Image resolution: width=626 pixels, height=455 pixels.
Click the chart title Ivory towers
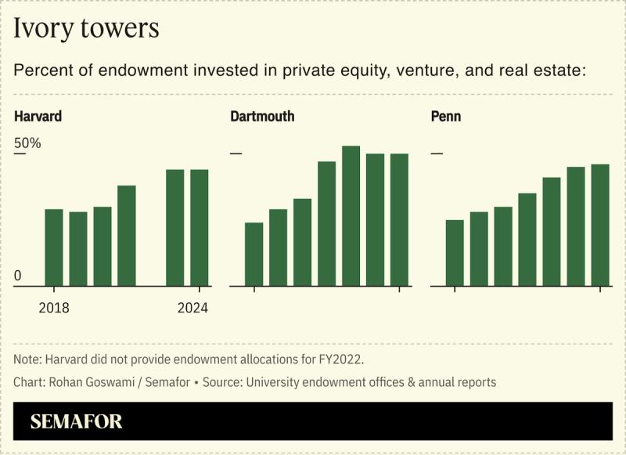click(86, 29)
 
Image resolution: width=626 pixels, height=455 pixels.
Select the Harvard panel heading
click(38, 117)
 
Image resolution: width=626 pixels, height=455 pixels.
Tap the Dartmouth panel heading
click(262, 117)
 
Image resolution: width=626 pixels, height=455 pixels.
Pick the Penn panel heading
click(446, 117)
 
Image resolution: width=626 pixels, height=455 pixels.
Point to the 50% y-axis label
click(27, 144)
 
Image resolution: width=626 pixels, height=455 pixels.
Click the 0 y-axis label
click(18, 276)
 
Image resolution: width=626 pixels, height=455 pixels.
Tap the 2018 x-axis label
click(54, 308)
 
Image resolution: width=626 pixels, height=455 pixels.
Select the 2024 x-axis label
click(193, 308)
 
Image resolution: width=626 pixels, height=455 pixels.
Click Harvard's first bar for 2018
click(54, 247)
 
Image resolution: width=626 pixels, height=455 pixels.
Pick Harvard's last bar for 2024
click(200, 228)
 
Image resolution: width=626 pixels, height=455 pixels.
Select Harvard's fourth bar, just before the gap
click(127, 236)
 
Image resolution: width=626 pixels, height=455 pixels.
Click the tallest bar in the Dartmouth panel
click(351, 216)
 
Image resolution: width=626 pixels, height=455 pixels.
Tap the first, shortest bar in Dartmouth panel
click(254, 255)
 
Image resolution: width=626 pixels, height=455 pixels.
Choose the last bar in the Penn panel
click(600, 225)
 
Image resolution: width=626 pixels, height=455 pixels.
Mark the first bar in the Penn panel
click(455, 253)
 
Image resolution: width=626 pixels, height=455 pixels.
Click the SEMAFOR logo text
click(77, 422)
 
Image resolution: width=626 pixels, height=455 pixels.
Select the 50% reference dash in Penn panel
click(437, 153)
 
